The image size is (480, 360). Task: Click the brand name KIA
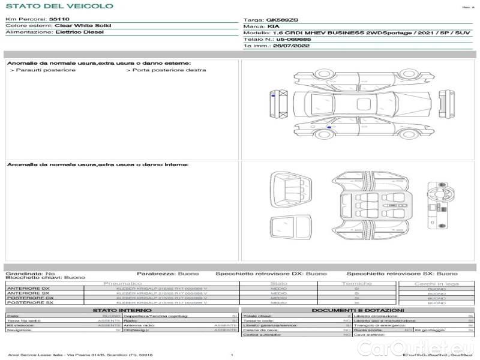(x=274, y=26)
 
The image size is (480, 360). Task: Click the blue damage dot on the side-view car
(x=329, y=127)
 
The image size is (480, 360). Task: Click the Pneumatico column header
(x=122, y=283)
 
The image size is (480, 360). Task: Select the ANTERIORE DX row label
(x=28, y=289)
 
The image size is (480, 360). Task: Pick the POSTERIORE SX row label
(x=29, y=303)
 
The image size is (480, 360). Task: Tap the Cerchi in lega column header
(x=436, y=283)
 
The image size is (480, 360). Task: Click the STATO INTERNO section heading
(x=122, y=310)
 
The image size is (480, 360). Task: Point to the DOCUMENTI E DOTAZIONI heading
(x=358, y=310)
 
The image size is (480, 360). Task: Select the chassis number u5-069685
(x=293, y=39)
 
